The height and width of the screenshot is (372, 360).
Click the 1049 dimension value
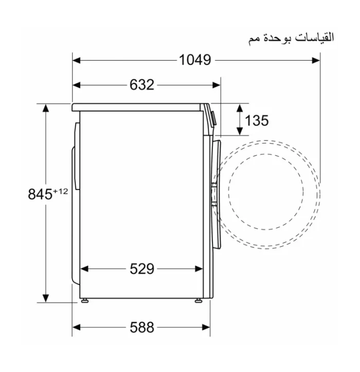[195, 60]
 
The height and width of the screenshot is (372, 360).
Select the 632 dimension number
[142, 85]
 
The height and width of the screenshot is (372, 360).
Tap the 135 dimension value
[257, 120]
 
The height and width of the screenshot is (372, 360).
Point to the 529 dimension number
[142, 269]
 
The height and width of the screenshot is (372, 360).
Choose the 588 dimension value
[142, 327]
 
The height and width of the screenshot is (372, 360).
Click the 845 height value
[40, 194]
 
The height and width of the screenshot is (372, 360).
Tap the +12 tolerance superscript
[61, 191]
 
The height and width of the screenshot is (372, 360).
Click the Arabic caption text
[291, 38]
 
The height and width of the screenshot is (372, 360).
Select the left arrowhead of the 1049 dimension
[76, 60]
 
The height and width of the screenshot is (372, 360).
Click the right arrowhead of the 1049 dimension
[316, 60]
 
